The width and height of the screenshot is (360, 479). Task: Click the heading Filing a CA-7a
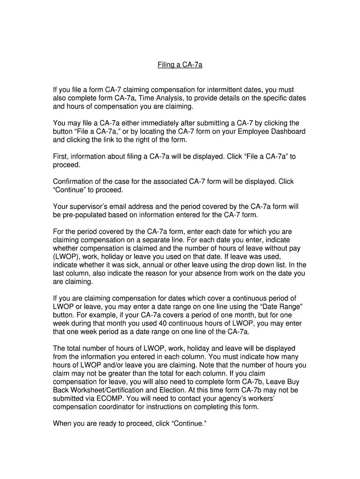[x=180, y=65]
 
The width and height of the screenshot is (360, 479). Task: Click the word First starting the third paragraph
[x=61, y=157]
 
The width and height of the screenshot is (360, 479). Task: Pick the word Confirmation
[x=75, y=181]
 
